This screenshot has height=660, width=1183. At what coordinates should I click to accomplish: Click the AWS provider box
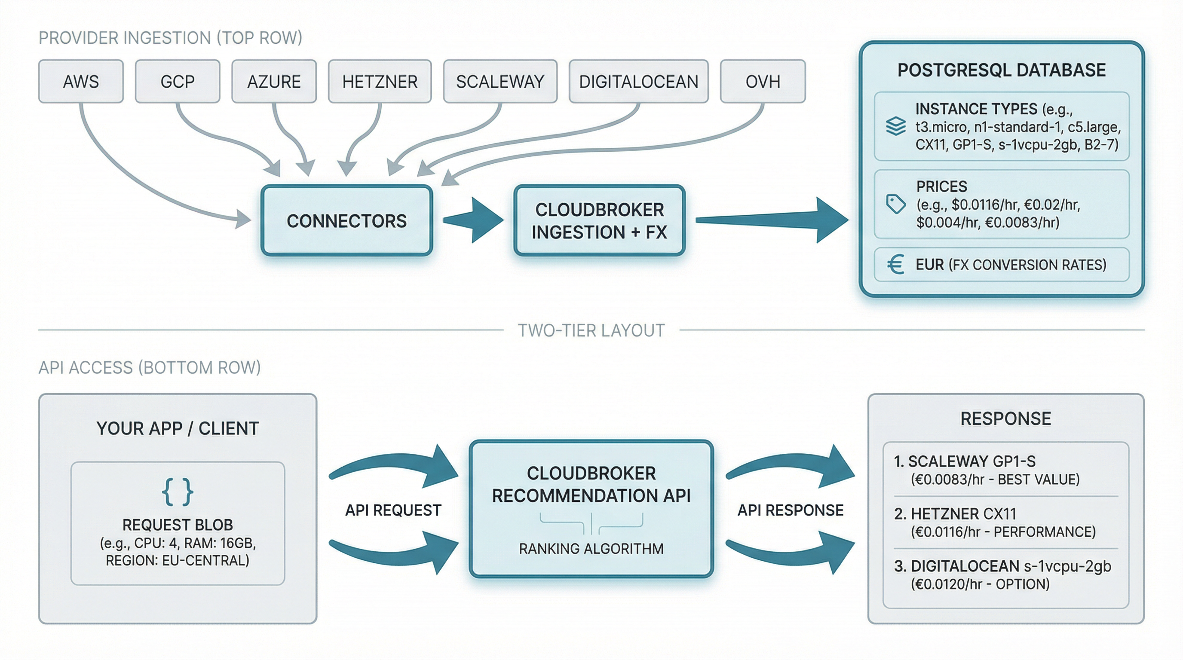(81, 81)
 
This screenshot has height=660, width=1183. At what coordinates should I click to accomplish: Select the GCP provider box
(177, 81)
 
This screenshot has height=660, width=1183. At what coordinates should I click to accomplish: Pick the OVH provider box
(762, 81)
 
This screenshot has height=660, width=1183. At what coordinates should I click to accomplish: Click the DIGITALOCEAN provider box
(638, 81)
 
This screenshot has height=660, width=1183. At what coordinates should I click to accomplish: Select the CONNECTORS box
(347, 221)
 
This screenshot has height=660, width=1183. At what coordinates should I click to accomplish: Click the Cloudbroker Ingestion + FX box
(599, 221)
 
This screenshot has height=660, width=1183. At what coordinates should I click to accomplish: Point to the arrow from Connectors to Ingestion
(475, 220)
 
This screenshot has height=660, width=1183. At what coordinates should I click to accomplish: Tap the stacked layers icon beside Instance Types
(895, 126)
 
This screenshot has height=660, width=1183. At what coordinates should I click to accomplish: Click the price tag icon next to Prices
(895, 204)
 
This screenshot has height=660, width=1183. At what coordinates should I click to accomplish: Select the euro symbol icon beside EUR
(895, 264)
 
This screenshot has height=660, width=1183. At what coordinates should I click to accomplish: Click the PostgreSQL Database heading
(1001, 70)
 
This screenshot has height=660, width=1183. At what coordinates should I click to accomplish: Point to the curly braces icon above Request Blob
(177, 492)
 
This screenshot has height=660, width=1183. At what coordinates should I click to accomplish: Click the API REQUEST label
(393, 510)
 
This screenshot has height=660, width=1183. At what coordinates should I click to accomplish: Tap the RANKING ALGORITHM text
(591, 548)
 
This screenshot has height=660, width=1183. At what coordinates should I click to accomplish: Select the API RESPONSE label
(790, 510)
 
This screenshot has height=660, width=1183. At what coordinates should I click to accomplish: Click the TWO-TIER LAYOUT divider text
(591, 330)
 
